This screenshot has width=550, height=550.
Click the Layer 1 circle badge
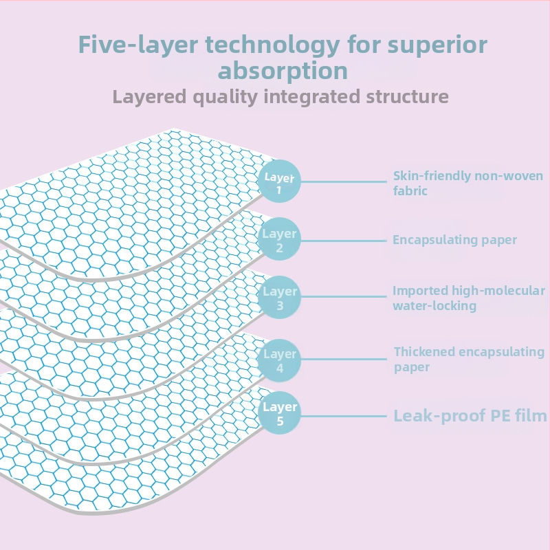pyautogui.click(x=280, y=181)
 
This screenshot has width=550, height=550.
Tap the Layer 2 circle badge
pyautogui.click(x=280, y=240)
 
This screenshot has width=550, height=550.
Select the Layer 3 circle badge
pyautogui.click(x=280, y=297)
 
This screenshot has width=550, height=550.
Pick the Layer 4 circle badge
pyautogui.click(x=280, y=360)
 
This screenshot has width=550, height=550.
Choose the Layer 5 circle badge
pyautogui.click(x=280, y=413)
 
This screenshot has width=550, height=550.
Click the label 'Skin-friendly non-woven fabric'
pyautogui.click(x=467, y=184)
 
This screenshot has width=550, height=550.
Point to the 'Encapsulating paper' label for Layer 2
pyautogui.click(x=454, y=240)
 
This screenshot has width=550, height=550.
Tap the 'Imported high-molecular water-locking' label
pyautogui.click(x=468, y=298)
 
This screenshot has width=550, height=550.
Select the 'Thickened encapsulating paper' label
pyautogui.click(x=469, y=359)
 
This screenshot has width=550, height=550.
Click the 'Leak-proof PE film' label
pyautogui.click(x=470, y=415)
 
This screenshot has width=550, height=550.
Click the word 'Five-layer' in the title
pyautogui.click(x=129, y=45)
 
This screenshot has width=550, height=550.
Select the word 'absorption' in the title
pyautogui.click(x=283, y=70)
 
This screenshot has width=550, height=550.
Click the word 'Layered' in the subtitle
pyautogui.click(x=148, y=96)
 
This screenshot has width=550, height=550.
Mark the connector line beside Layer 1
pyautogui.click(x=344, y=181)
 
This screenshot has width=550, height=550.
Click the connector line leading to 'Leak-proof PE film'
pyautogui.click(x=344, y=416)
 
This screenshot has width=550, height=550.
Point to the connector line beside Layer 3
pyautogui.click(x=344, y=297)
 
